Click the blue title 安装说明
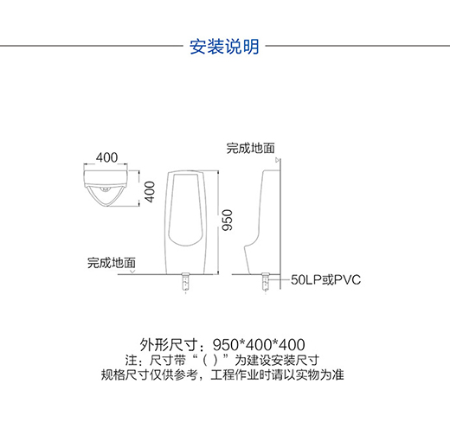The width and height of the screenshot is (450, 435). (224, 47)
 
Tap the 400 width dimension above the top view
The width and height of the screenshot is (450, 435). (106, 157)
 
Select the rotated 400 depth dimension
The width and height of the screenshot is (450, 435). (150, 192)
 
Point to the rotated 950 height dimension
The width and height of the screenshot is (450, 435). (227, 220)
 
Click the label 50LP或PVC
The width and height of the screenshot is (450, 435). (325, 280)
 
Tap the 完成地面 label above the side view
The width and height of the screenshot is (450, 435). (250, 148)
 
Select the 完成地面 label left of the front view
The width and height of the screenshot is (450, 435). (112, 263)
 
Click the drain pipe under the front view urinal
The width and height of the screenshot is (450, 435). (185, 281)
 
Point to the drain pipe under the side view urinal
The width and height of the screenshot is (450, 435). (266, 281)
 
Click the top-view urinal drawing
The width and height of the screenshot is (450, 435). (106, 188)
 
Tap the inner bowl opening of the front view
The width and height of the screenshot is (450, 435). (185, 209)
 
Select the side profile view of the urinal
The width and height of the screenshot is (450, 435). (262, 221)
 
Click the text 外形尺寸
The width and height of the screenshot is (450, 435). (169, 344)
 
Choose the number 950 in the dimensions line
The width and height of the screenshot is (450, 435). (225, 345)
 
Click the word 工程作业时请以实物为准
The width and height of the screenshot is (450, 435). (277, 375)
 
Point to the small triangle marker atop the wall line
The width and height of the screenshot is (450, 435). (278, 160)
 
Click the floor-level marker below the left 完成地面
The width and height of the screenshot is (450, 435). (132, 272)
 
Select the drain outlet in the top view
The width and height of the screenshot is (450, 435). (106, 189)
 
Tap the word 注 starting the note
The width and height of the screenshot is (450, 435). (131, 361)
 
